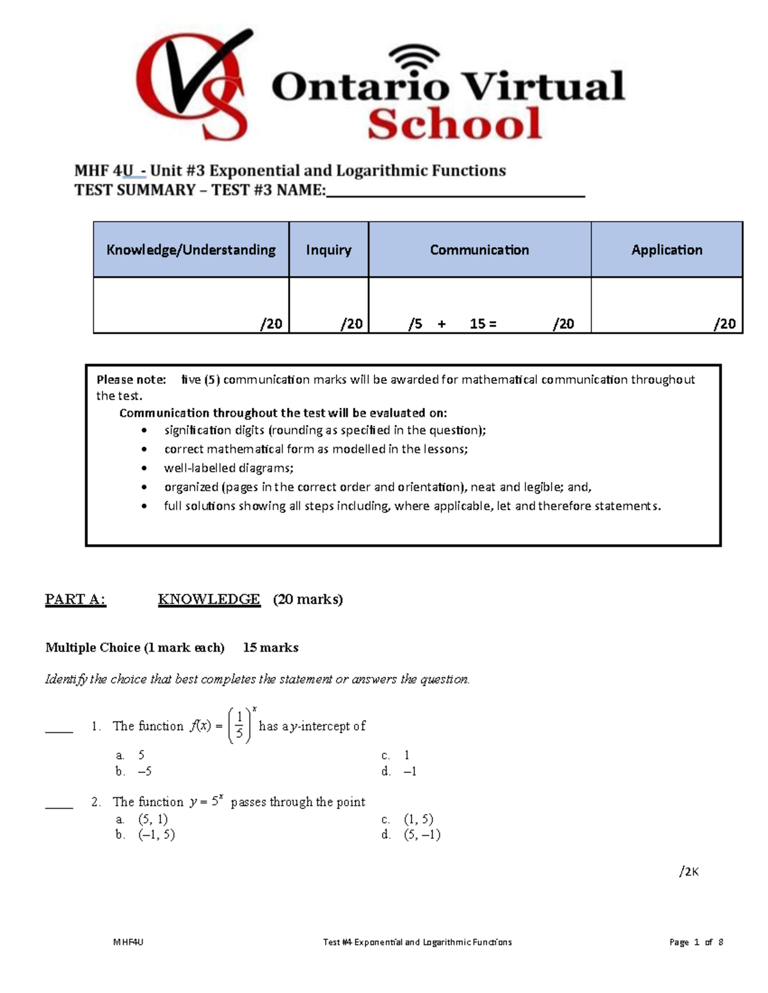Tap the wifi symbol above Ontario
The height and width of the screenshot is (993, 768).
pyautogui.click(x=415, y=61)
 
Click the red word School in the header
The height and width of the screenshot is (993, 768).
pyautogui.click(x=455, y=124)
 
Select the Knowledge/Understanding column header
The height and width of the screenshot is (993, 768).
pyautogui.click(x=191, y=250)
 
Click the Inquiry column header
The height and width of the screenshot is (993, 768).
pyautogui.click(x=328, y=250)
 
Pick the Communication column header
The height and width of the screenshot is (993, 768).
pyautogui.click(x=479, y=250)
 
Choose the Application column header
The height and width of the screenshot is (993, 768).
pyautogui.click(x=666, y=250)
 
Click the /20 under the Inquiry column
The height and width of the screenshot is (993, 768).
pyautogui.click(x=351, y=324)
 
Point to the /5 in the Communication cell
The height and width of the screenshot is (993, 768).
pyautogui.click(x=415, y=324)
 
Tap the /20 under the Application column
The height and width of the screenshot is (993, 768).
pyautogui.click(x=724, y=324)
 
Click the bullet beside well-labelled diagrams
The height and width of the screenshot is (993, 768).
pyautogui.click(x=145, y=469)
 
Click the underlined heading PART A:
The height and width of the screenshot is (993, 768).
pyautogui.click(x=75, y=600)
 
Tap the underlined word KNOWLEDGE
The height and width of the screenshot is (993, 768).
pyautogui.click(x=209, y=600)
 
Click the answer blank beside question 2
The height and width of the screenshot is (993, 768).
pyautogui.click(x=59, y=807)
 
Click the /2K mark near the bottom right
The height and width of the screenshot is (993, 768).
pyautogui.click(x=689, y=872)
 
